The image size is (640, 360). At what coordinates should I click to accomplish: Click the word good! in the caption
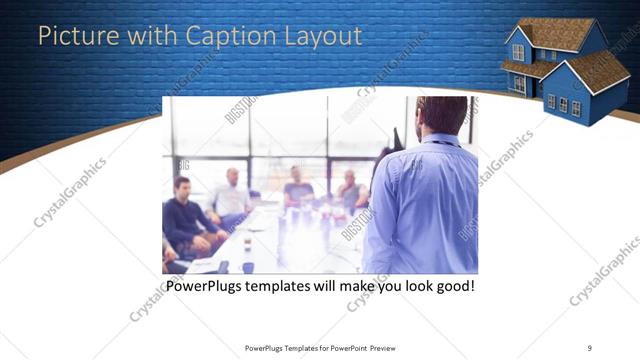(450, 287)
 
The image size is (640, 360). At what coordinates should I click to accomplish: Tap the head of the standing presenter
(441, 115)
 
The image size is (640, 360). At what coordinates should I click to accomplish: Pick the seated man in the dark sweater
(185, 220)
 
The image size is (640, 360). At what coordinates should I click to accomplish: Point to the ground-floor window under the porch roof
(518, 85)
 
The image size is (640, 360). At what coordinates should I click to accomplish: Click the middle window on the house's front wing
(563, 103)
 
